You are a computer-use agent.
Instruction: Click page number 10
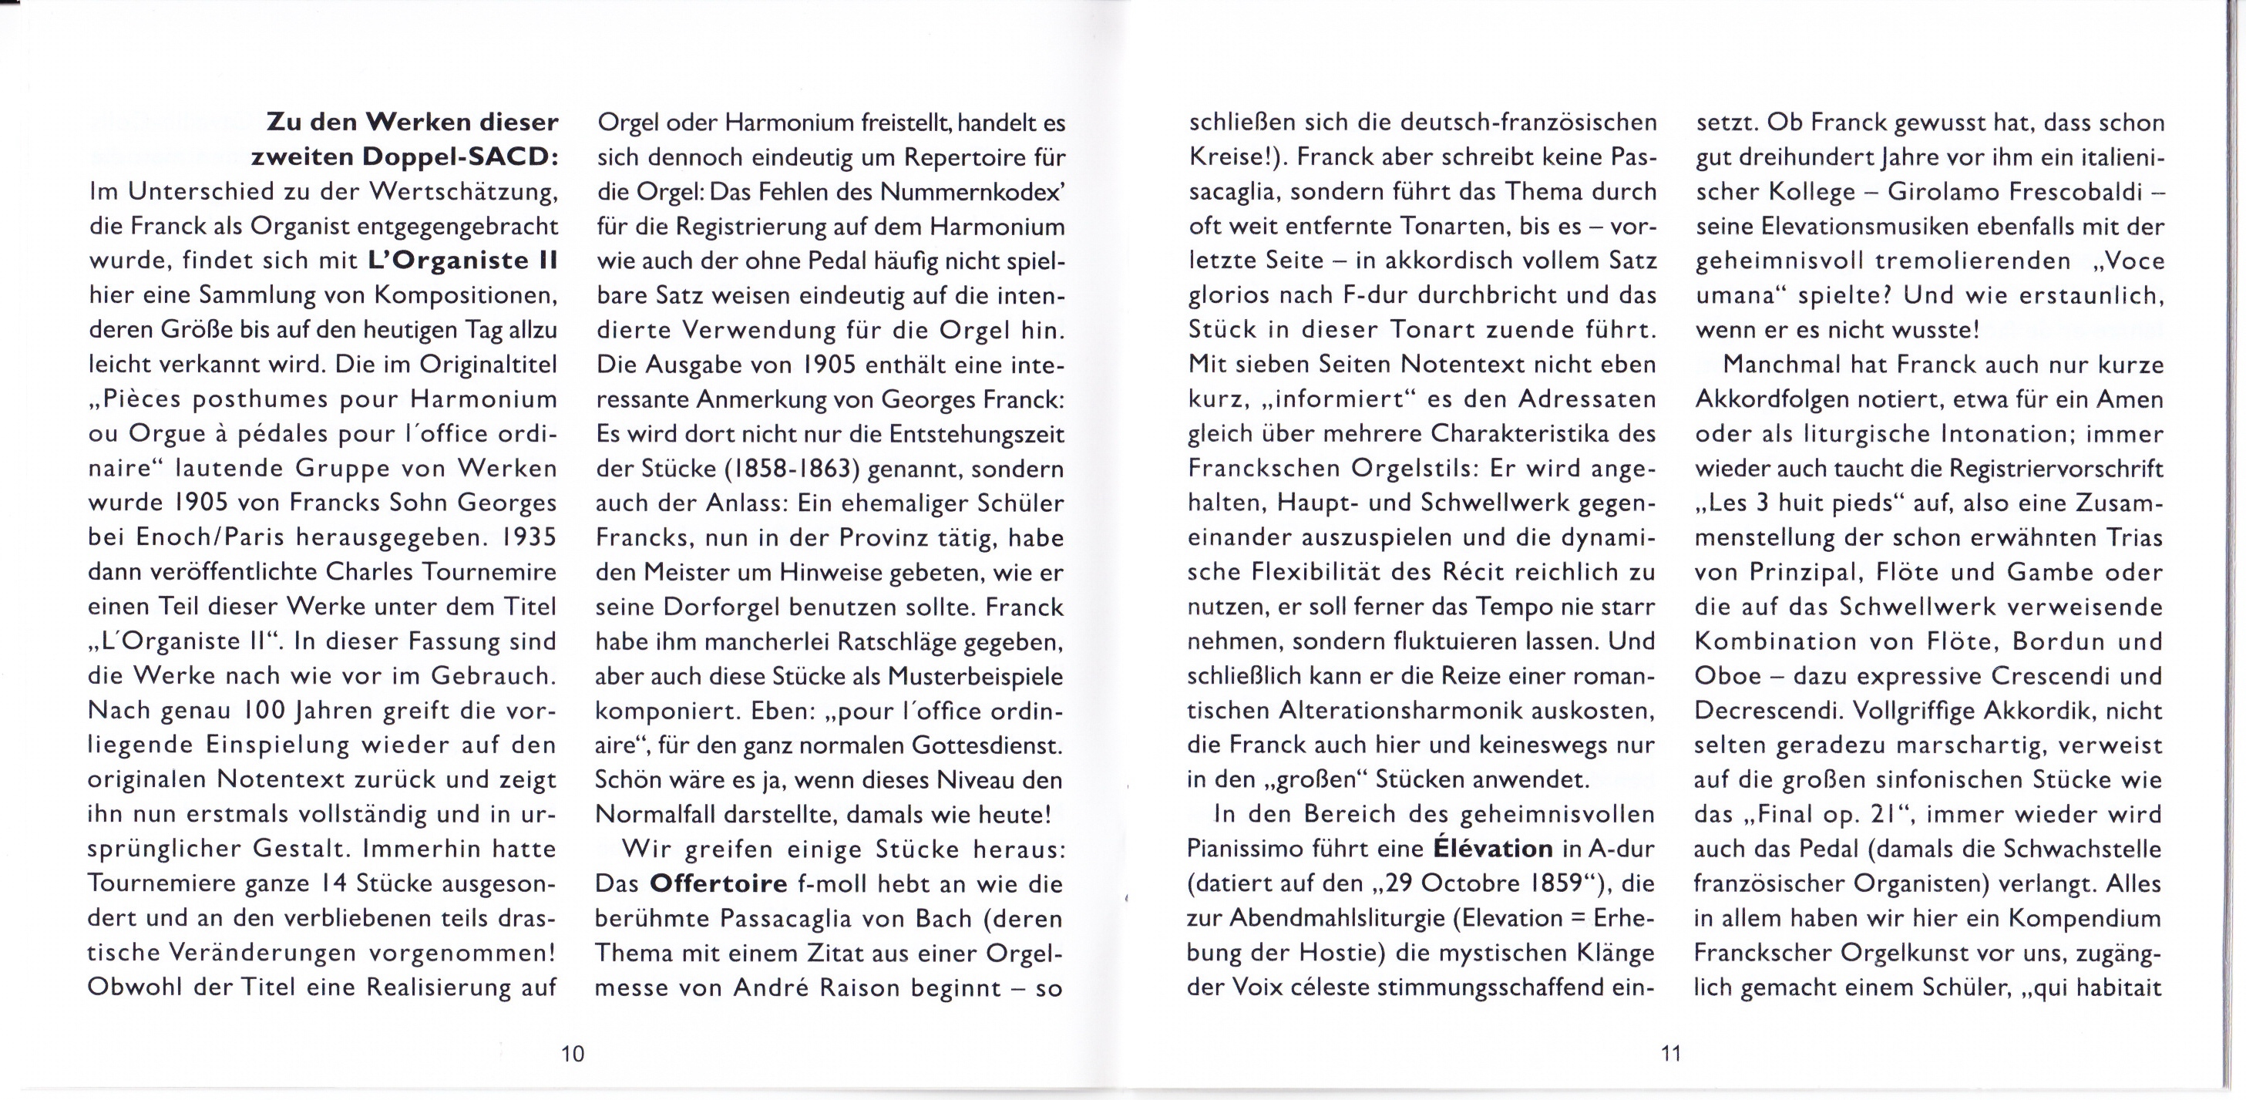pyautogui.click(x=572, y=1054)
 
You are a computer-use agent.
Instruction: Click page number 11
pyautogui.click(x=1670, y=1054)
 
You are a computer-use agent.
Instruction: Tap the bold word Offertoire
pyautogui.click(x=718, y=883)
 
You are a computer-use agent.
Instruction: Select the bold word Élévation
pyautogui.click(x=1493, y=849)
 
